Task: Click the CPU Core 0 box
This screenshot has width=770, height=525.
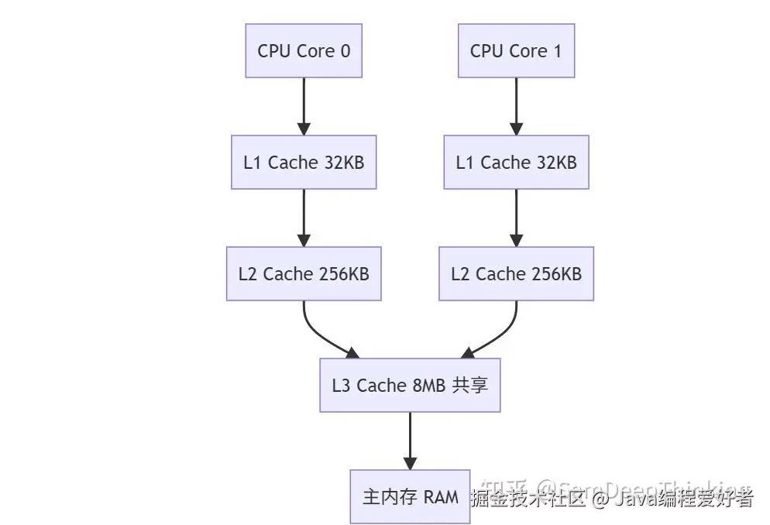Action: point(304,50)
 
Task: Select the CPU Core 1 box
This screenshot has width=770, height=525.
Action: point(516,50)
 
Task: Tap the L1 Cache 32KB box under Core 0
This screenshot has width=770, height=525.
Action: point(304,162)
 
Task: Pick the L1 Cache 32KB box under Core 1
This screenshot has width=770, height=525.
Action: point(516,162)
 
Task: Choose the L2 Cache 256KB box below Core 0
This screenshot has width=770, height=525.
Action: point(304,273)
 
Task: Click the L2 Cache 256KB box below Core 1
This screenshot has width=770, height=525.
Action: point(516,273)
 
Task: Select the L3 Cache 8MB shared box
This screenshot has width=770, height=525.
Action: point(410,385)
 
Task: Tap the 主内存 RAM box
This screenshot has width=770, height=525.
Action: point(410,496)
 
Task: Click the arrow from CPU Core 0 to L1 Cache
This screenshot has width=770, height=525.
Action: point(304,106)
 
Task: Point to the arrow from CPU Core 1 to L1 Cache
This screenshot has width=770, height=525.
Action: point(516,106)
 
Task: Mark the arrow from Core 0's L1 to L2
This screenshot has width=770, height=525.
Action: point(304,218)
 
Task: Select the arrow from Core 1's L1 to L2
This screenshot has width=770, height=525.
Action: point(516,218)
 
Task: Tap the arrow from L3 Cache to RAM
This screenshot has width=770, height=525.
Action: point(410,440)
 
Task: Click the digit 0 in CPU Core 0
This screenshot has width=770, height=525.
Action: point(345,51)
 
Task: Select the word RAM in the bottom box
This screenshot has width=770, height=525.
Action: point(441,497)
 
